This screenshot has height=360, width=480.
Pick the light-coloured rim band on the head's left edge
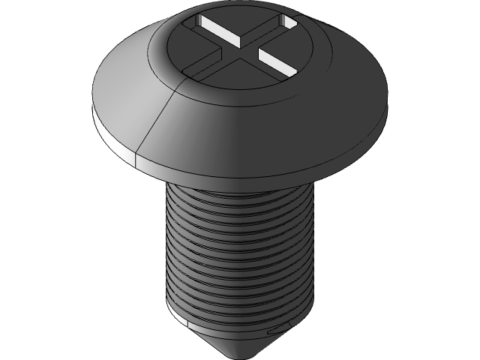(112, 139)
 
